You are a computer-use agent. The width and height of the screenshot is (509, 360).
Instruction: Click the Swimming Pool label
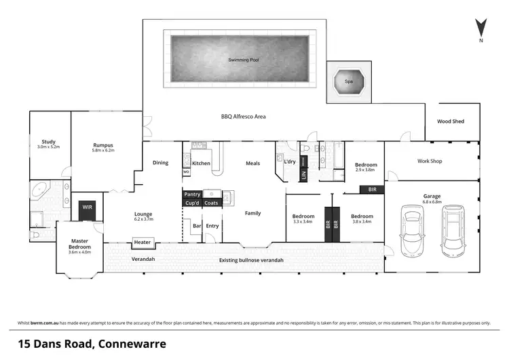click(244, 60)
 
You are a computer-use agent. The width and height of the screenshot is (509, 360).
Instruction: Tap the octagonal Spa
click(349, 82)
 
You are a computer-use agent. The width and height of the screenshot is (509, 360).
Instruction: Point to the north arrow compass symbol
click(480, 29)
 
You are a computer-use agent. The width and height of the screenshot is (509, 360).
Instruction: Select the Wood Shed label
click(450, 122)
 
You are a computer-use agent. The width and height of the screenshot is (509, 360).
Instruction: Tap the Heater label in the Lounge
click(143, 242)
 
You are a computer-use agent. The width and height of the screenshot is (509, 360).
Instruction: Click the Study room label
click(49, 142)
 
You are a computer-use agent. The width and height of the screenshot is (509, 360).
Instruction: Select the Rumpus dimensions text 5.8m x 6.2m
click(103, 150)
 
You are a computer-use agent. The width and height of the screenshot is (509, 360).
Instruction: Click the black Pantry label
click(192, 194)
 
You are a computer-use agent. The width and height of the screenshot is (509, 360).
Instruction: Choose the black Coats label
click(212, 203)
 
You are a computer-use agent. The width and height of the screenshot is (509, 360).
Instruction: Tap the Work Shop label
click(430, 161)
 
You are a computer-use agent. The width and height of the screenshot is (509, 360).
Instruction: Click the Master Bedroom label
click(79, 243)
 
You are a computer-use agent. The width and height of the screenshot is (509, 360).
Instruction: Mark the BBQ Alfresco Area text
click(243, 117)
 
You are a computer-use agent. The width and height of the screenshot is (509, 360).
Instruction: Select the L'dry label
click(289, 161)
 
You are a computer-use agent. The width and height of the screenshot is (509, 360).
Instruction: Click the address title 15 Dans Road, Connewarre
click(88, 344)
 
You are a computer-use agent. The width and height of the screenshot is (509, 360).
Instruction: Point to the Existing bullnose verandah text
click(250, 260)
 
